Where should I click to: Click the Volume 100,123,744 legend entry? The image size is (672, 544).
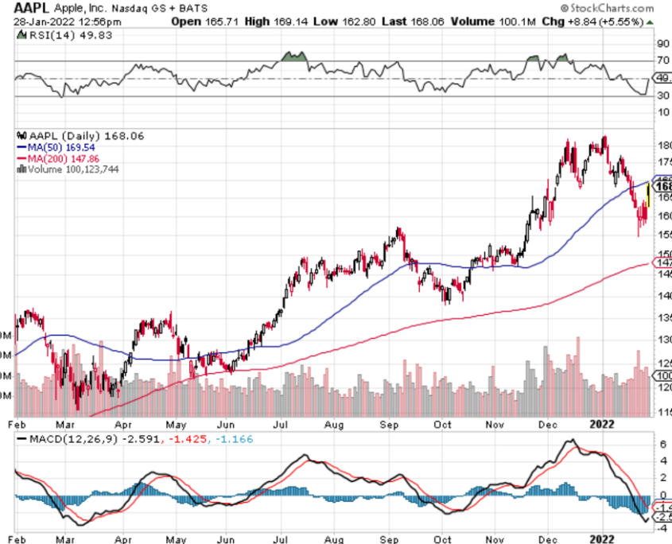72,169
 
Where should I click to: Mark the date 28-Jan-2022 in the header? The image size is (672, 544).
43,21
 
